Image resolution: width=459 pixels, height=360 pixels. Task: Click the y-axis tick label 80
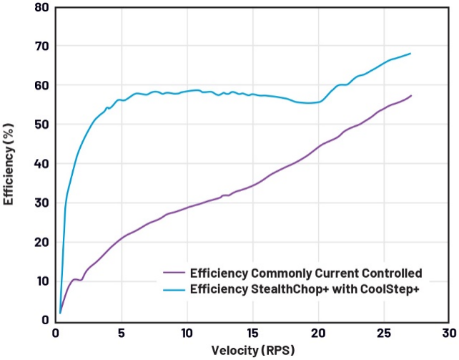tap(41, 7)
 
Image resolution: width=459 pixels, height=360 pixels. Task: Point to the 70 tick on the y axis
tap(41, 46)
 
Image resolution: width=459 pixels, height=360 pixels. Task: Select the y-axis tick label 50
tap(41, 125)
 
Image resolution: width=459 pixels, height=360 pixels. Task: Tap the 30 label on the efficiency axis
tap(41, 203)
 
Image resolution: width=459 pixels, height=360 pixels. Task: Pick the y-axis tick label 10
tap(41, 281)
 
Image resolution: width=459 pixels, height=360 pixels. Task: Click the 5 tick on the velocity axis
tap(122, 334)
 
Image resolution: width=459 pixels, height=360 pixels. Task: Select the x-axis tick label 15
tap(252, 334)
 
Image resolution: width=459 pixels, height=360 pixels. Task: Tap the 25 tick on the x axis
tap(384, 334)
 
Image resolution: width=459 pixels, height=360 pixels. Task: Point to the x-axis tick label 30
tap(449, 334)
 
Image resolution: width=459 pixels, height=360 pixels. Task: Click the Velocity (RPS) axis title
tap(253, 350)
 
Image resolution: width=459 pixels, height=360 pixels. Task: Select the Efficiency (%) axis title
tap(9, 164)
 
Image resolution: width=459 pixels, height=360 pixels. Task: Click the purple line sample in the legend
tap(174, 273)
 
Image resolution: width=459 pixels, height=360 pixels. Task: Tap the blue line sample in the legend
tap(174, 289)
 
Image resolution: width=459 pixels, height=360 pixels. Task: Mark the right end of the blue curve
tap(410, 53)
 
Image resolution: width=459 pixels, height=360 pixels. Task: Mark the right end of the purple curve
tap(411, 95)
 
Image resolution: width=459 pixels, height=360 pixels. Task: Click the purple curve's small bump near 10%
tap(76, 279)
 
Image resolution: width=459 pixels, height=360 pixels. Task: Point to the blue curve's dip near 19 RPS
tap(307, 103)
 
